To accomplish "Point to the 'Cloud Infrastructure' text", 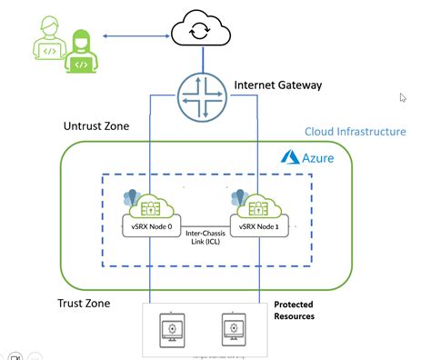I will coord(355,132).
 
